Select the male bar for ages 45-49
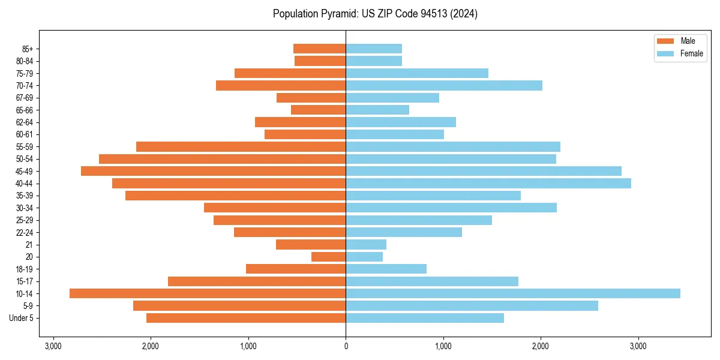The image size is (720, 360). (214, 171)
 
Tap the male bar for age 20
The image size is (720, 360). (329, 257)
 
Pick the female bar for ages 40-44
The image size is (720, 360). (488, 183)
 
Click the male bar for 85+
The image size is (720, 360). (320, 49)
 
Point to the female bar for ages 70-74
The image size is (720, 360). (444, 85)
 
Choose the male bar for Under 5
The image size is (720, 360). (246, 318)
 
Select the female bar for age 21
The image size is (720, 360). (366, 244)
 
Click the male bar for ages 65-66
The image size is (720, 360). (319, 110)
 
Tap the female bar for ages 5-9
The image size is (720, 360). (472, 305)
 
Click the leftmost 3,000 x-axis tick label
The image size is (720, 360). (53, 347)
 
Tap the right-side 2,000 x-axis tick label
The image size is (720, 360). (541, 347)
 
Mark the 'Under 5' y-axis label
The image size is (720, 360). (22, 318)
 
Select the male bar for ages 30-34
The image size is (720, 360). (275, 208)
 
